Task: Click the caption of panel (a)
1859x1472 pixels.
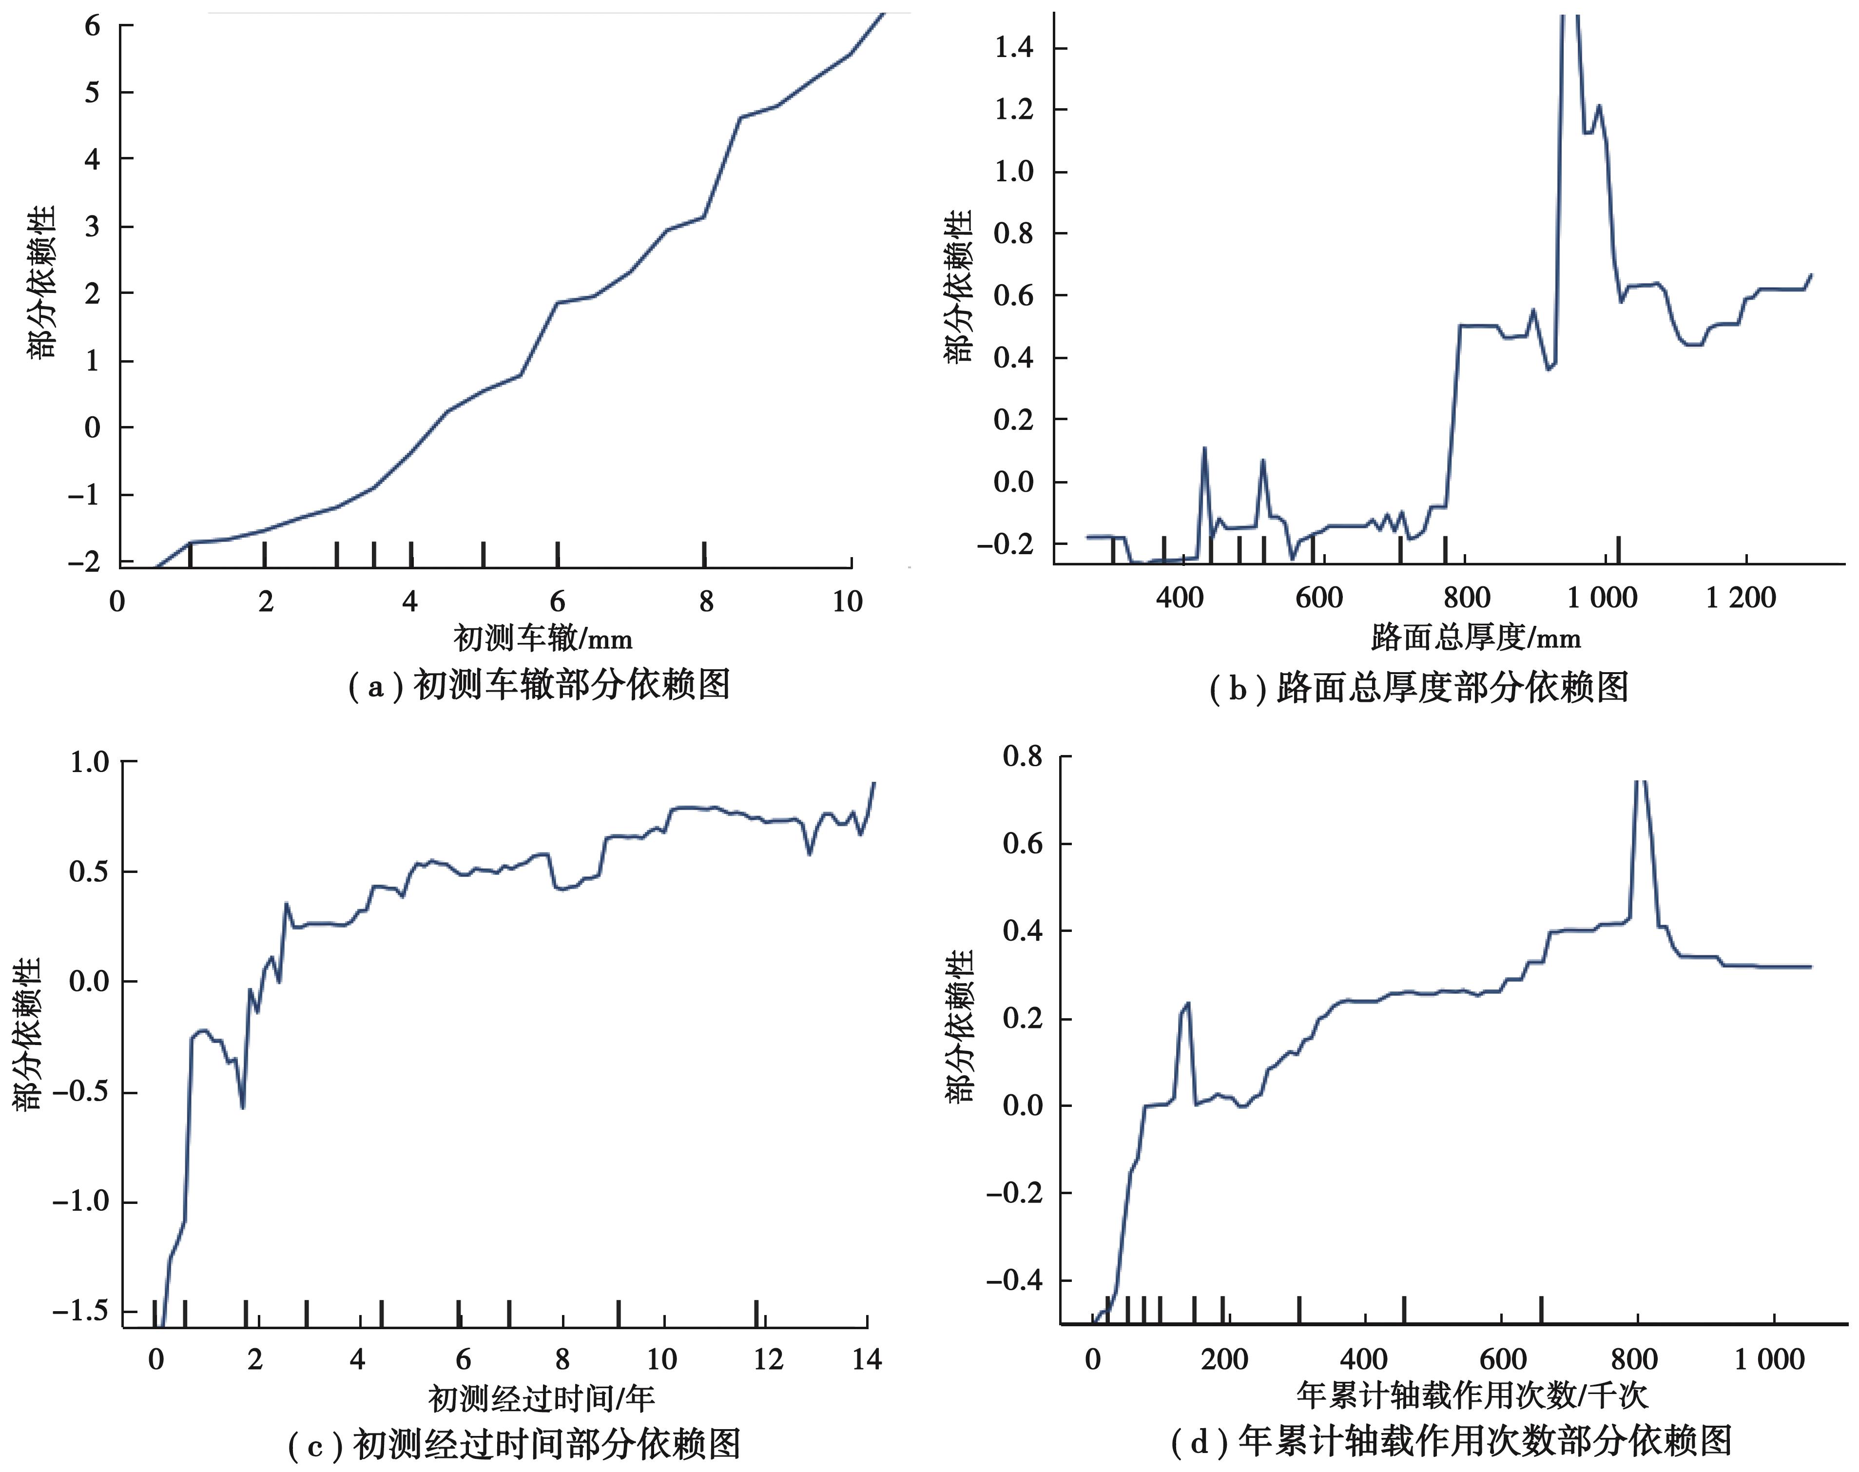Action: pos(539,685)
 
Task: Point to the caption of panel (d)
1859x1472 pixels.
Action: pos(1452,1441)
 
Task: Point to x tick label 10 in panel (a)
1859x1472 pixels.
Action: pos(847,601)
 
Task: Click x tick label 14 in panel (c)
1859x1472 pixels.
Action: pos(866,1360)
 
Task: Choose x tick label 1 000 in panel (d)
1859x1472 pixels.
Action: pos(1768,1360)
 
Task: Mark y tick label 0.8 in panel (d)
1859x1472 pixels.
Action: pos(1022,756)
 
